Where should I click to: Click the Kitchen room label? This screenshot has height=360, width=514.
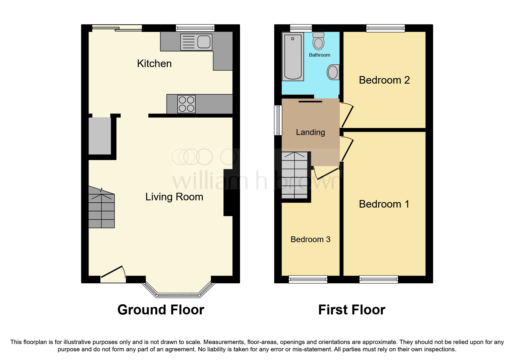[154, 64]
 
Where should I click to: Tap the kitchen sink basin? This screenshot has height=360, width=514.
[204, 42]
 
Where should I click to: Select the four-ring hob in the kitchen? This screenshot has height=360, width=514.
[186, 104]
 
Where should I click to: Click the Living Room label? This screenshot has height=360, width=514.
[174, 197]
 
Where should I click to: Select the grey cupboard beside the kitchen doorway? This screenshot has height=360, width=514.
[100, 136]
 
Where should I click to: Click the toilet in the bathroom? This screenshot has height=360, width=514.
[318, 41]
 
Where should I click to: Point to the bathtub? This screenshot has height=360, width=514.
[293, 56]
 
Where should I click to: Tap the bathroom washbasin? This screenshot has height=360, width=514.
[333, 72]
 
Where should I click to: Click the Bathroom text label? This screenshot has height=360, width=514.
[319, 55]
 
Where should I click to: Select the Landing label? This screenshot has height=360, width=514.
[310, 132]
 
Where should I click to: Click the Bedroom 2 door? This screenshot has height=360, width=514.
[347, 115]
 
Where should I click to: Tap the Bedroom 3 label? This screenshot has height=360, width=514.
[310, 240]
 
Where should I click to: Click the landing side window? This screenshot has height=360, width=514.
[278, 120]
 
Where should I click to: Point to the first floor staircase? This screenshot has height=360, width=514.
[295, 175]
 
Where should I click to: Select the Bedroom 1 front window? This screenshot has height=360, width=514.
[378, 279]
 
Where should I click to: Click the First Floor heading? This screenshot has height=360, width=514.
[351, 310]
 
